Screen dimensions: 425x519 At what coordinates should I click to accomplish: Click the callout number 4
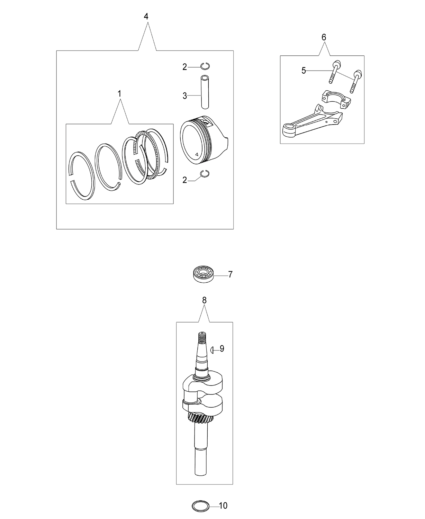[x=146, y=17]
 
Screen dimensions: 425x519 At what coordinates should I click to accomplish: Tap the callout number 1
[x=119, y=94]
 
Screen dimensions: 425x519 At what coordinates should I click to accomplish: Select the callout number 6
[x=324, y=37]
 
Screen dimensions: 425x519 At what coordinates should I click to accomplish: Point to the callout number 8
[x=204, y=300]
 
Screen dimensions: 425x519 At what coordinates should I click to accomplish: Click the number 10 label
[x=223, y=506]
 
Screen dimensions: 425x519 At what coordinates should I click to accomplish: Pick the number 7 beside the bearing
[x=230, y=274]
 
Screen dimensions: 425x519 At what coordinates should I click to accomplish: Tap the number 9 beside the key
[x=222, y=348]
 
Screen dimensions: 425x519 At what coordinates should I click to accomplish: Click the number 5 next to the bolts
[x=304, y=71]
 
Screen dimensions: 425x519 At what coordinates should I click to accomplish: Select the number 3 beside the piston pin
[x=185, y=96]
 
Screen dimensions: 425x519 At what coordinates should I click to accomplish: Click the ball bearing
[x=204, y=274]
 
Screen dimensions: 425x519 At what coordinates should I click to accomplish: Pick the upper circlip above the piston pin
[x=205, y=66]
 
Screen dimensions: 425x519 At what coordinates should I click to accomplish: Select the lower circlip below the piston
[x=205, y=173]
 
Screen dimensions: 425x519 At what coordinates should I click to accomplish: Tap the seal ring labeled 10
[x=200, y=506]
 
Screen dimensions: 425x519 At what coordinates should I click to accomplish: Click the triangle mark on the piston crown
[x=197, y=154]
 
